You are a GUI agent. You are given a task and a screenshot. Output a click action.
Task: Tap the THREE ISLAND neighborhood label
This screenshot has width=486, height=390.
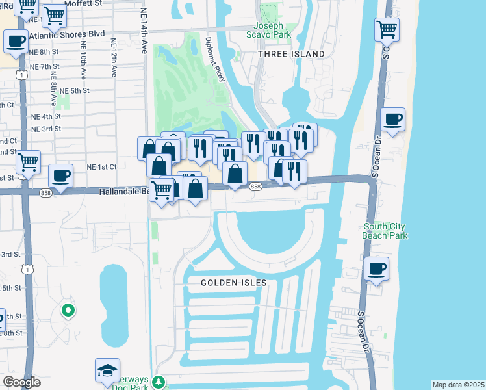point(291,54)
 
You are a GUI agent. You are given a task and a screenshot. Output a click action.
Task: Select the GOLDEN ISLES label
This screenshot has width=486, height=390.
point(233,283)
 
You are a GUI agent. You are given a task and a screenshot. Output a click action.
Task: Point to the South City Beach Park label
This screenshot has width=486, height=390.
point(386,231)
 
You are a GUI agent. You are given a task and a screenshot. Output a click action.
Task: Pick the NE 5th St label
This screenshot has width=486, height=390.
point(73,90)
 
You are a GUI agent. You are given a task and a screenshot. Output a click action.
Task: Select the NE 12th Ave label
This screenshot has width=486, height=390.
point(113,62)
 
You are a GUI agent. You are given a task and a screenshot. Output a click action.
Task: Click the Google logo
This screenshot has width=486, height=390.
point(21,382)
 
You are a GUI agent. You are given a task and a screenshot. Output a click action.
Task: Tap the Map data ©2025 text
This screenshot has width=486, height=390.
point(458,385)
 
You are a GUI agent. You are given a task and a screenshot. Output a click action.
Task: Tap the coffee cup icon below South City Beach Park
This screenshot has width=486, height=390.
point(376,269)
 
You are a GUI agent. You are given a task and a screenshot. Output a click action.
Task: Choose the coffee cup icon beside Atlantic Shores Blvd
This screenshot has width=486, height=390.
point(16,42)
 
